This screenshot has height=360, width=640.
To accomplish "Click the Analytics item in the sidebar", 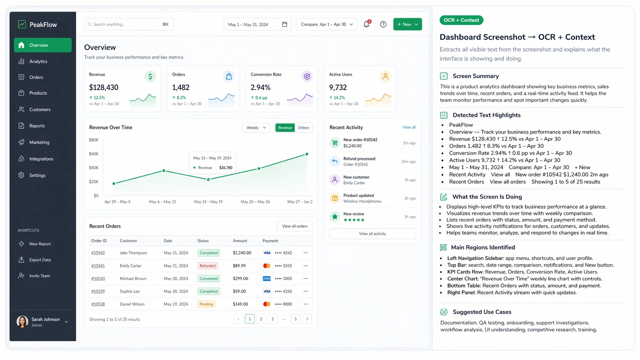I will point(38,61).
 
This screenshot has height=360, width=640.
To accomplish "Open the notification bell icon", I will point(366,24).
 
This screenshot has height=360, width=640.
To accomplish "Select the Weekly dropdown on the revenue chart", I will point(256,128).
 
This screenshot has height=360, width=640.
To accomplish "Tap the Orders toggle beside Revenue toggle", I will point(304,128).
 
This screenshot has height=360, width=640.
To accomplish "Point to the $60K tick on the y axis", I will point(94,154).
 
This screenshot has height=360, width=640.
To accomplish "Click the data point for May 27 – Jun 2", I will point(307,154).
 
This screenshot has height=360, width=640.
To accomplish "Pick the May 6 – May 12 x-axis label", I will point(163,202).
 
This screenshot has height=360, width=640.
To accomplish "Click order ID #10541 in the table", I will point(98,266).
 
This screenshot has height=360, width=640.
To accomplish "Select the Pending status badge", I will point(206,304).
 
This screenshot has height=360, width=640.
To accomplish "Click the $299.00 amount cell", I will point(240,279).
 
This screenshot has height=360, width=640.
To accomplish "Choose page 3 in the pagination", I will point(273,319).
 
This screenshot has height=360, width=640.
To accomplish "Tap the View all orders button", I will point(295,226).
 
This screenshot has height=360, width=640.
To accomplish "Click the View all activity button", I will point(372,234).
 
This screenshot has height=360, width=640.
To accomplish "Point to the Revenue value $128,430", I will point(104,87).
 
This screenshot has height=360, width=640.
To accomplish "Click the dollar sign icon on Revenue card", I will point(150,77).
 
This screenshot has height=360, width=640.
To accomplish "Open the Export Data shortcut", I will point(40,260).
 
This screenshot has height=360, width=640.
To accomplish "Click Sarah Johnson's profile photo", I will point(22,322).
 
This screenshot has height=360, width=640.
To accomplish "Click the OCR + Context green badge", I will point(461,20).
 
